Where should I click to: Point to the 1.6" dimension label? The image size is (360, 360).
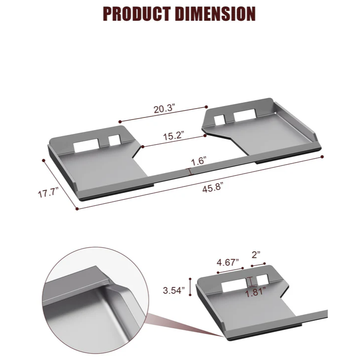(x=198, y=161)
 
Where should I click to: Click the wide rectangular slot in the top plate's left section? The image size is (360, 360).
(x=86, y=146)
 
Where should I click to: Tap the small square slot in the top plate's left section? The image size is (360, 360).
(x=114, y=141)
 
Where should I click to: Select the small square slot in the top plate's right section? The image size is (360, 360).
(x=220, y=119)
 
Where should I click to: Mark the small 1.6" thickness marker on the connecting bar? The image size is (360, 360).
(x=189, y=171)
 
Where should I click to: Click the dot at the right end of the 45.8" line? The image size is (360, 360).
(x=323, y=157)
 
